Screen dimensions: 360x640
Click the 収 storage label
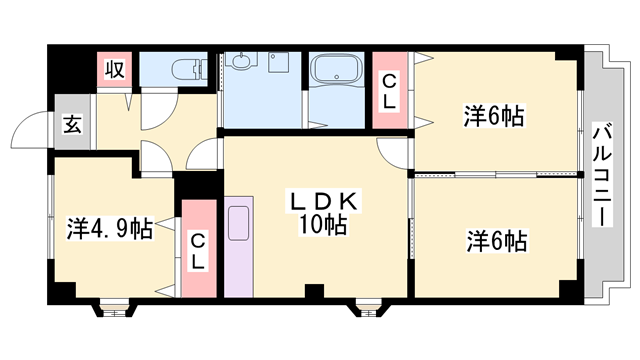(x=116, y=70)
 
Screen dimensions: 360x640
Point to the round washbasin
(x=240, y=63)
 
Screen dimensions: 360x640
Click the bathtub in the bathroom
(x=337, y=72)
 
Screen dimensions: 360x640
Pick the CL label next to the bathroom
(x=388, y=91)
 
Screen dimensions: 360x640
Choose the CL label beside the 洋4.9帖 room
(x=198, y=250)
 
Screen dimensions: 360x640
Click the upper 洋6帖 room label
(x=494, y=116)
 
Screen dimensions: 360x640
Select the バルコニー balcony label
(x=603, y=176)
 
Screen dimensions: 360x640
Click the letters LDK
(x=317, y=204)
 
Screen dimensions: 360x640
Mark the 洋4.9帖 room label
(x=110, y=229)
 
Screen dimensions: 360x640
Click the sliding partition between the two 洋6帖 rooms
(x=495, y=175)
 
